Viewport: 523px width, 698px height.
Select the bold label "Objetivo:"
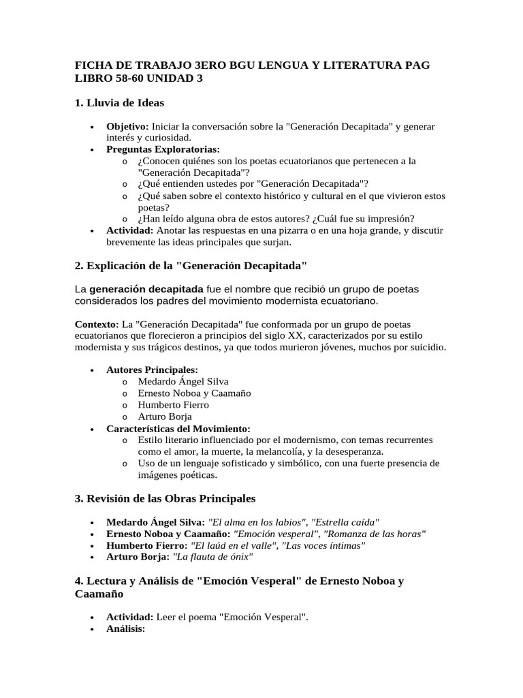[x=127, y=127]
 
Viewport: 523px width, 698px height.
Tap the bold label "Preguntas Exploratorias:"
[x=163, y=149]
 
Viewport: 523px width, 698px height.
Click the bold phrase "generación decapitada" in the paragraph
[x=146, y=289]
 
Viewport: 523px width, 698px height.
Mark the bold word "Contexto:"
[x=96, y=324]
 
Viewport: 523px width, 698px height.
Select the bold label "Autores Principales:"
[x=152, y=369]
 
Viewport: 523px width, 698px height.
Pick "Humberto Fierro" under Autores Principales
[x=173, y=404]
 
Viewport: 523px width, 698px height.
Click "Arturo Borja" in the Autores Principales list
[x=165, y=416]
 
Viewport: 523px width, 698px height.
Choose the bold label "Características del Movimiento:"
[x=178, y=428]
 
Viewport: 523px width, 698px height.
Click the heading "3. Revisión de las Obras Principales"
[x=165, y=498]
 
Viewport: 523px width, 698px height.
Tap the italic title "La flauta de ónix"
[x=213, y=557]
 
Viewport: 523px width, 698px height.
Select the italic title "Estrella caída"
[x=345, y=521]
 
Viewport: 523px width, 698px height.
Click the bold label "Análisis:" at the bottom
[x=126, y=628]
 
